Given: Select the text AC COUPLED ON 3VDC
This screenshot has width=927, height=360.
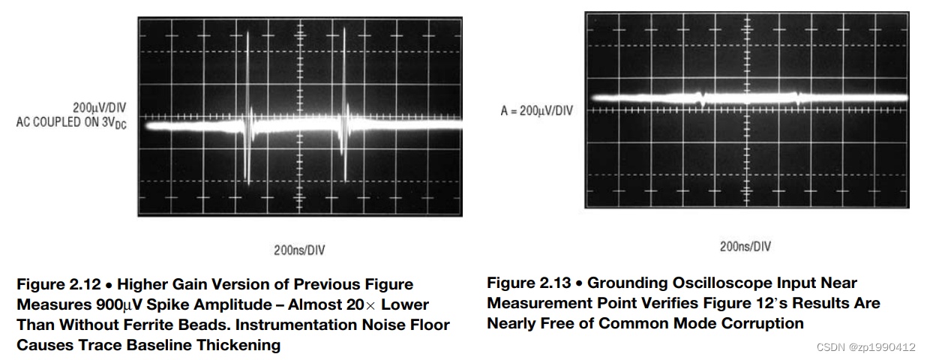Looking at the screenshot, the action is [x=71, y=121].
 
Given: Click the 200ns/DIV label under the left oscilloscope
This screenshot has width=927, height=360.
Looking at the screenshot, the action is [x=299, y=250].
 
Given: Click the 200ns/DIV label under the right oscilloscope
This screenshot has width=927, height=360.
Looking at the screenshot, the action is [x=745, y=246].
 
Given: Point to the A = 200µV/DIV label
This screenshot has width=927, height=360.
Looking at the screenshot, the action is [x=536, y=111].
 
